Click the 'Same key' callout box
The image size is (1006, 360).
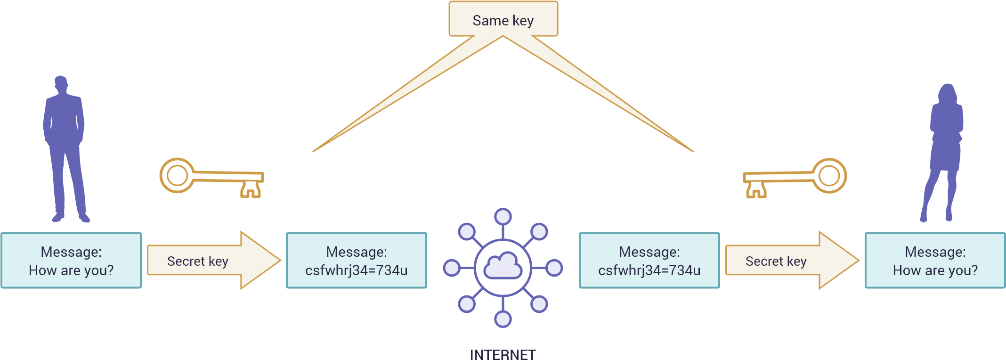point(503,20)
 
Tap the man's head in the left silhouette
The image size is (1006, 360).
point(61,83)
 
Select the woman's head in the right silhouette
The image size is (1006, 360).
point(947,93)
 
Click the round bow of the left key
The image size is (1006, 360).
point(177,175)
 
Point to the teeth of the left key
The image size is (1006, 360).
point(251,189)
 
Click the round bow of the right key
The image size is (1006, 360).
point(829,175)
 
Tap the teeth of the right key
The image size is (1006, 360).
point(756,189)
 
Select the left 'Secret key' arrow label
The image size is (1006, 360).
point(198,261)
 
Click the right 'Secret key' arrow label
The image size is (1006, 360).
point(776,261)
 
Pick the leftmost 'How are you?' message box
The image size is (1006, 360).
point(71,261)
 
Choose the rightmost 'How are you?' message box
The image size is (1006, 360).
point(935,261)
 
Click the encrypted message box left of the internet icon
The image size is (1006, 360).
point(357,261)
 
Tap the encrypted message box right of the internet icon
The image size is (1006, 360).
point(649,261)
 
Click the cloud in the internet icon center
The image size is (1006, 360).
point(503,267)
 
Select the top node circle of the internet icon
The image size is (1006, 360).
point(503,217)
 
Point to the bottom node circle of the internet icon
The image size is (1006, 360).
point(503,319)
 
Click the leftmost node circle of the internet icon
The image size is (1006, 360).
point(452,268)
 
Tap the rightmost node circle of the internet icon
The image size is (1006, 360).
point(554,268)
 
